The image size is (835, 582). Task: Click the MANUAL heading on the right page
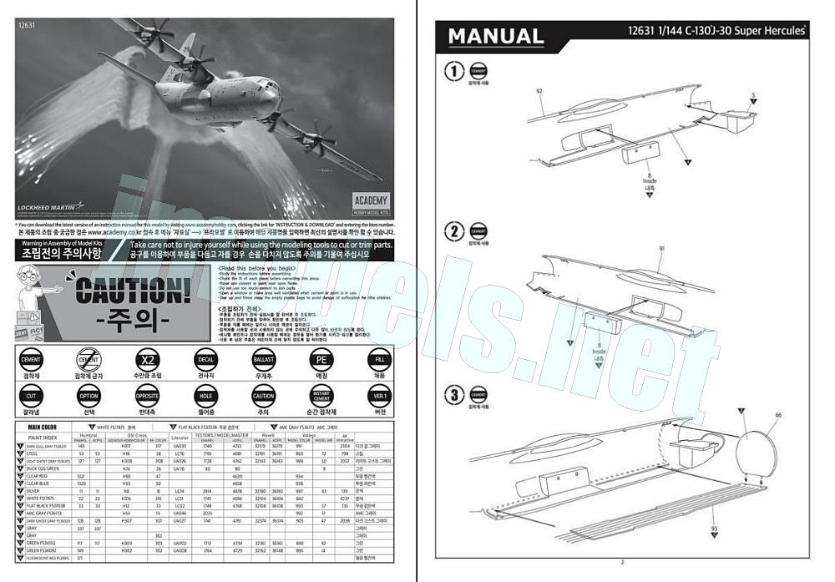(496, 36)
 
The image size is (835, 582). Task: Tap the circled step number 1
(456, 72)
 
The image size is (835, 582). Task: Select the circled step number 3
(456, 395)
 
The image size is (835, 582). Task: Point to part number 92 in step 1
(539, 91)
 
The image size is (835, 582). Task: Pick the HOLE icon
(205, 397)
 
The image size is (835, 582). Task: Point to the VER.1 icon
(380, 397)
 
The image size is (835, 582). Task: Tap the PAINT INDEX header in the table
(43, 438)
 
